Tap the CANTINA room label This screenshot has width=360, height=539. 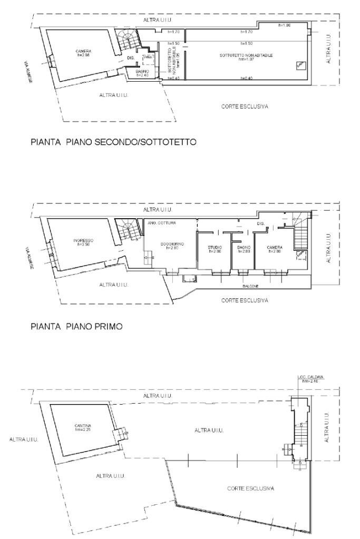[x=83, y=427]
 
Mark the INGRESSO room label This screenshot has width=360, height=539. [x=83, y=242]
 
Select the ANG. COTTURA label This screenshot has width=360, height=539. [x=162, y=222]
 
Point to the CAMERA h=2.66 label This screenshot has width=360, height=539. [x=83, y=52]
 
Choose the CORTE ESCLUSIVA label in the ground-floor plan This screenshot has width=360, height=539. [x=250, y=488]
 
